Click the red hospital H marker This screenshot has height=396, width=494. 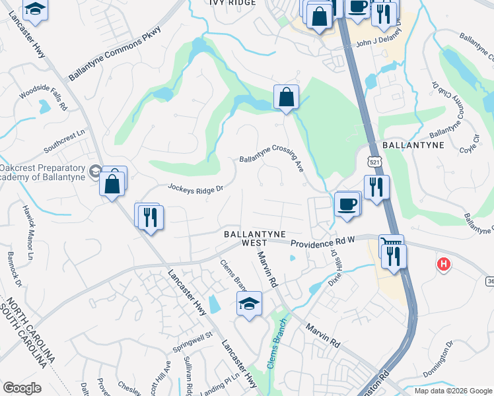click(444, 264)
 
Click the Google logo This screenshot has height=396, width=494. click(22, 388)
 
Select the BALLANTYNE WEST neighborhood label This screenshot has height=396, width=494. click(254, 238)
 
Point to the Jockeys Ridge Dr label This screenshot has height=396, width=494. click(195, 189)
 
